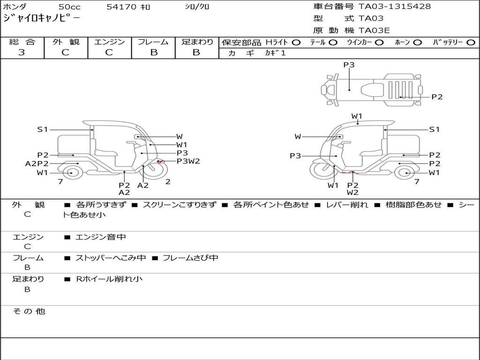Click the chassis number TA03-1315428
point(395,7)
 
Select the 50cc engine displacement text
point(69,7)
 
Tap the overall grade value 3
point(22,52)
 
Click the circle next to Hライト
point(296,43)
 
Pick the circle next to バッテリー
point(471,43)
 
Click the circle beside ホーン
point(417,43)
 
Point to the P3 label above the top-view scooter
point(349,65)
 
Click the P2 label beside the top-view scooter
point(437,97)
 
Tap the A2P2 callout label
point(37,164)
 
